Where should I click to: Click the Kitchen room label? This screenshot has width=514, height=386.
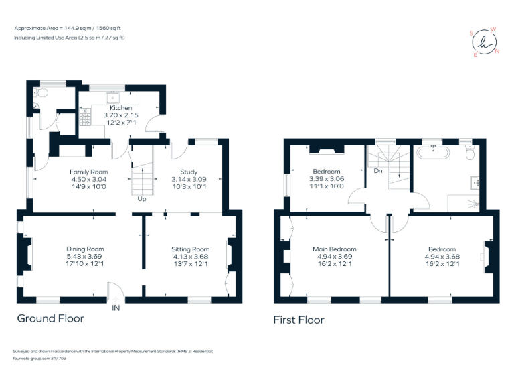point(121,108)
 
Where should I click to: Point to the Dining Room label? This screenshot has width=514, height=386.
point(85,249)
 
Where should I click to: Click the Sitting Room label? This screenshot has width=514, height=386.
point(191,249)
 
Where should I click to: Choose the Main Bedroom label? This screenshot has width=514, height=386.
point(334,249)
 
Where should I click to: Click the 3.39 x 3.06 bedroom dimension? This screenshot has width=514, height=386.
point(327,179)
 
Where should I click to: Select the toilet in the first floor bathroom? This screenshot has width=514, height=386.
point(470,154)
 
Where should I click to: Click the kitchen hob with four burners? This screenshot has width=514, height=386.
point(86,119)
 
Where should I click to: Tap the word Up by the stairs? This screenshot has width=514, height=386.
point(141,199)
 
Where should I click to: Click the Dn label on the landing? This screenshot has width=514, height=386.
point(377,171)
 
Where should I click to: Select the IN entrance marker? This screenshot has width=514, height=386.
point(116,308)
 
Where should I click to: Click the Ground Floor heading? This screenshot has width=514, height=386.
point(50,318)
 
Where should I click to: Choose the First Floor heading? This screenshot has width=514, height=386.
point(298,320)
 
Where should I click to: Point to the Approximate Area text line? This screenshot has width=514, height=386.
point(67,29)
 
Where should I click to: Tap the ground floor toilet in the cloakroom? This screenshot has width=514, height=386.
point(42,93)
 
